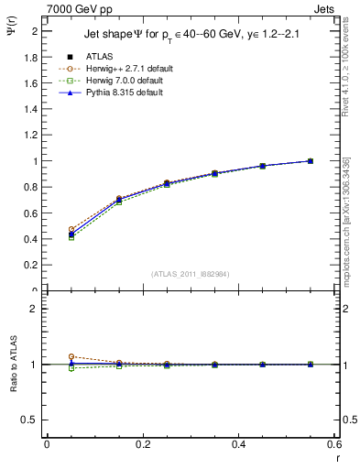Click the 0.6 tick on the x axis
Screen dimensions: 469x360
click(334, 444)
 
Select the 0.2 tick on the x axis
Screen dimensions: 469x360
click(143, 444)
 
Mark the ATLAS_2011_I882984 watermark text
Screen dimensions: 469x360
click(191, 273)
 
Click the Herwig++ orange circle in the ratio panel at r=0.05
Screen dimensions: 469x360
click(71, 356)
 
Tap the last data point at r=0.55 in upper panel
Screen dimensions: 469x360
click(311, 161)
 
